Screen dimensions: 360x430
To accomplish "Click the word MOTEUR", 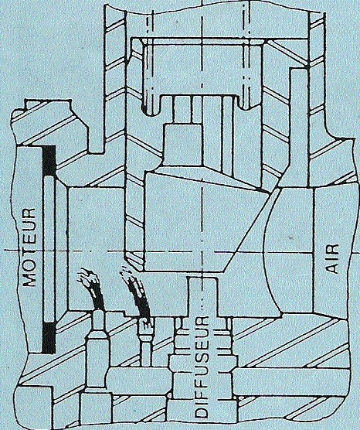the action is tap(29, 247).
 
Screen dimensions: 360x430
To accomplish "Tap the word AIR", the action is tap(333, 258).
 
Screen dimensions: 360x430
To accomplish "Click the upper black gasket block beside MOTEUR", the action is tap(49, 161).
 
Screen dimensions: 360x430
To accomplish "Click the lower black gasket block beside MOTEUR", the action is tap(49, 337).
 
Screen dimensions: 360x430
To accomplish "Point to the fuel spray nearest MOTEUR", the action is tap(90, 290).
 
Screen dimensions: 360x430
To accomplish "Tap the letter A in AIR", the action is tap(333, 268).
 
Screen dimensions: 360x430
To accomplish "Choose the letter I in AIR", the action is tap(333, 258).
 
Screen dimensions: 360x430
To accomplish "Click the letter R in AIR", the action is tap(333, 249).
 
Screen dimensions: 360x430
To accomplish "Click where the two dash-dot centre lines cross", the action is tap(202, 251).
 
